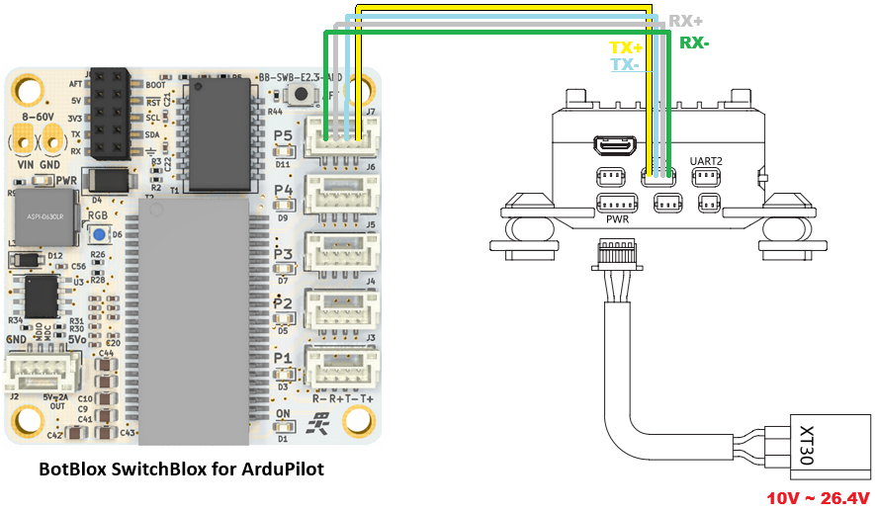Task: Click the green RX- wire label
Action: [696, 43]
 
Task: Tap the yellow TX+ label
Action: [625, 47]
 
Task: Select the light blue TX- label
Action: [624, 64]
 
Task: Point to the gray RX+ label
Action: [687, 21]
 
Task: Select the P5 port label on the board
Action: [283, 137]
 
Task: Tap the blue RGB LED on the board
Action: [100, 234]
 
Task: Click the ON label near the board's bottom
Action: [283, 414]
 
